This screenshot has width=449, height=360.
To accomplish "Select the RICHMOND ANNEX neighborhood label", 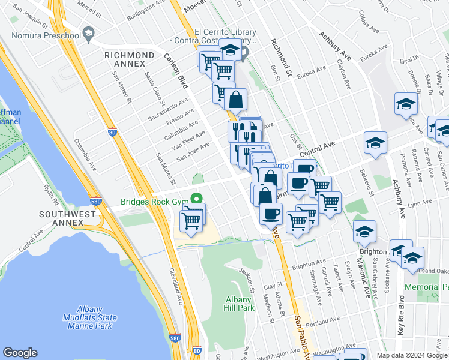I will tap(133, 59).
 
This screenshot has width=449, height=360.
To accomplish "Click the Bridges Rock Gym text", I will tap(155, 202).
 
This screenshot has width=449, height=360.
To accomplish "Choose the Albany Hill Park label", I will tap(240, 304).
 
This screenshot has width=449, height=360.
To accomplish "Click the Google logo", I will tap(20, 353).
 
